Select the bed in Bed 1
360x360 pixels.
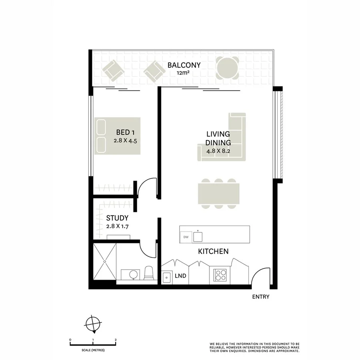(x=118, y=136)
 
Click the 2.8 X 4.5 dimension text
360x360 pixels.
(x=128, y=141)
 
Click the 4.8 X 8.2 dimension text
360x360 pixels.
(x=218, y=151)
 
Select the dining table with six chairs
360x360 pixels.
(x=219, y=194)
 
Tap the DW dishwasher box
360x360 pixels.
(x=186, y=237)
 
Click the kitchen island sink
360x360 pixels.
(x=198, y=236)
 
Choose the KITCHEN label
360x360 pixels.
(x=214, y=252)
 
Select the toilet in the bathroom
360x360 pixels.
(x=148, y=273)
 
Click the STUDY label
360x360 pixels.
(x=117, y=218)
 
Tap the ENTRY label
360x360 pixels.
(x=260, y=297)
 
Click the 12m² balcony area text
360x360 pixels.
(x=184, y=73)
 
